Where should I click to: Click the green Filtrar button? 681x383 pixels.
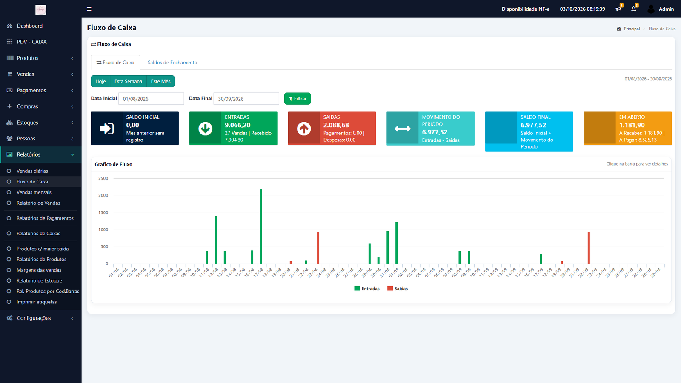pyautogui.click(x=298, y=98)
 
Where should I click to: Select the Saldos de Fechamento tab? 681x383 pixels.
pyautogui.click(x=172, y=63)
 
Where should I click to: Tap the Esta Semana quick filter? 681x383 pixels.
pyautogui.click(x=128, y=81)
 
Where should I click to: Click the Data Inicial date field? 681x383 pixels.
pyautogui.click(x=151, y=99)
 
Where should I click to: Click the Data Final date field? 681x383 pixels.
pyautogui.click(x=246, y=99)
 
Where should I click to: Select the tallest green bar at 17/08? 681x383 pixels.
pyautogui.click(x=261, y=226)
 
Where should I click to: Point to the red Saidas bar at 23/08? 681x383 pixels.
pyautogui.click(x=318, y=248)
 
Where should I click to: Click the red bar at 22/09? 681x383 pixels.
pyautogui.click(x=589, y=248)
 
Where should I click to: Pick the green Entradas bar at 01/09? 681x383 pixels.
pyautogui.click(x=396, y=243)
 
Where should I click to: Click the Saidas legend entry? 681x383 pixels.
pyautogui.click(x=398, y=289)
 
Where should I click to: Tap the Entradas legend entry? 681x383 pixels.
pyautogui.click(x=366, y=289)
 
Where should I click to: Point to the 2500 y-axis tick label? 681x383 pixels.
pyautogui.click(x=103, y=178)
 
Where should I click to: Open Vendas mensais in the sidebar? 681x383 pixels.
pyautogui.click(x=34, y=192)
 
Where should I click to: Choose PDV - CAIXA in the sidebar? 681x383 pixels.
pyautogui.click(x=31, y=42)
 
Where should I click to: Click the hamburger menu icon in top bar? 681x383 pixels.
pyautogui.click(x=89, y=9)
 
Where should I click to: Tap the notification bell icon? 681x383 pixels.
pyautogui.click(x=634, y=9)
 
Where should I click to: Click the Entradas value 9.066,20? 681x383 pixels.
pyautogui.click(x=237, y=125)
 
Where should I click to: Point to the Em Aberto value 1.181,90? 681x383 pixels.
pyautogui.click(x=632, y=125)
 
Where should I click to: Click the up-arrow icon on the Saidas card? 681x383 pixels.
pyautogui.click(x=304, y=129)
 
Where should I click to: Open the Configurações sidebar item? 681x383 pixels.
pyautogui.click(x=34, y=318)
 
